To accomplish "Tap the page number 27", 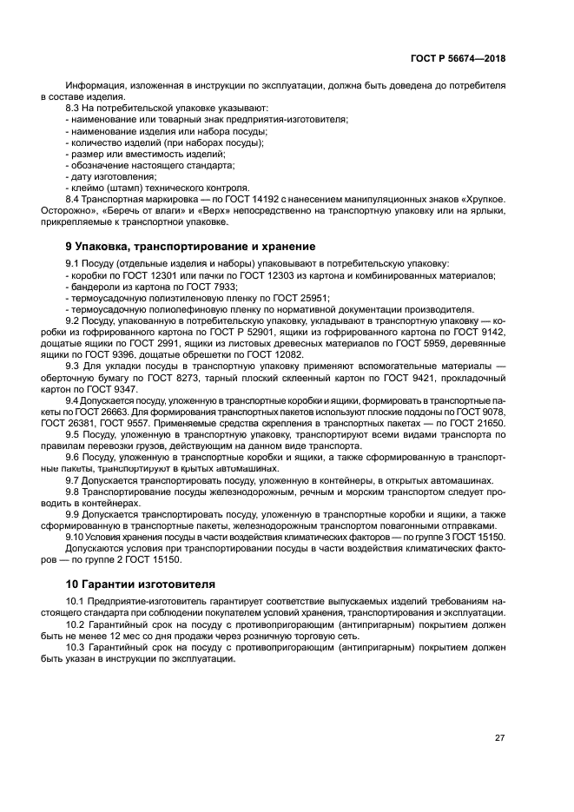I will [x=499, y=737].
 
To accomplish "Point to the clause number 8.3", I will [x=74, y=109].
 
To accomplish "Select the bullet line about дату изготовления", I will [x=99, y=176].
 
